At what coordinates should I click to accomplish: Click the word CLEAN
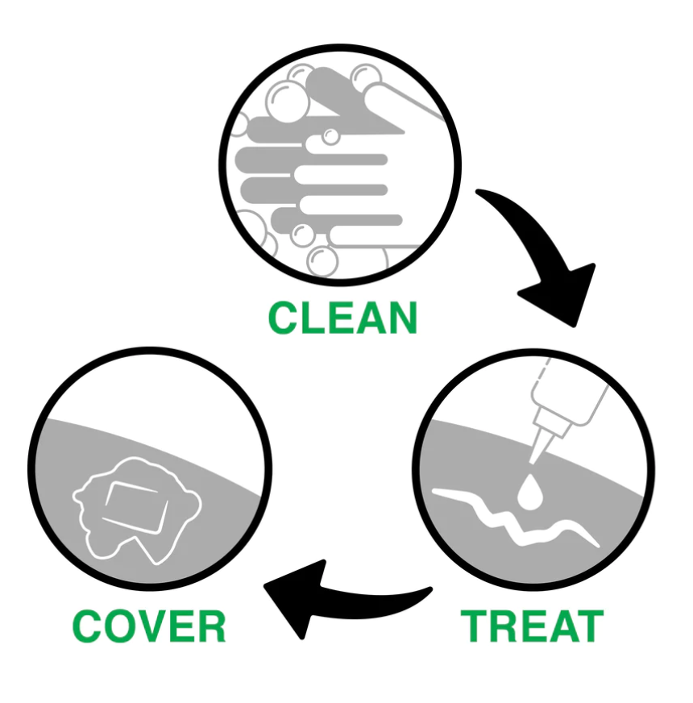pos(342,318)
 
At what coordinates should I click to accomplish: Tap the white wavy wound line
pos(516,521)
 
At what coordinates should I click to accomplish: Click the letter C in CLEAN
pos(283,318)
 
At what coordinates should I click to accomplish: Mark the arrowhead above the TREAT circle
pos(561,293)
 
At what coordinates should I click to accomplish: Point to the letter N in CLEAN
pos(400,318)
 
